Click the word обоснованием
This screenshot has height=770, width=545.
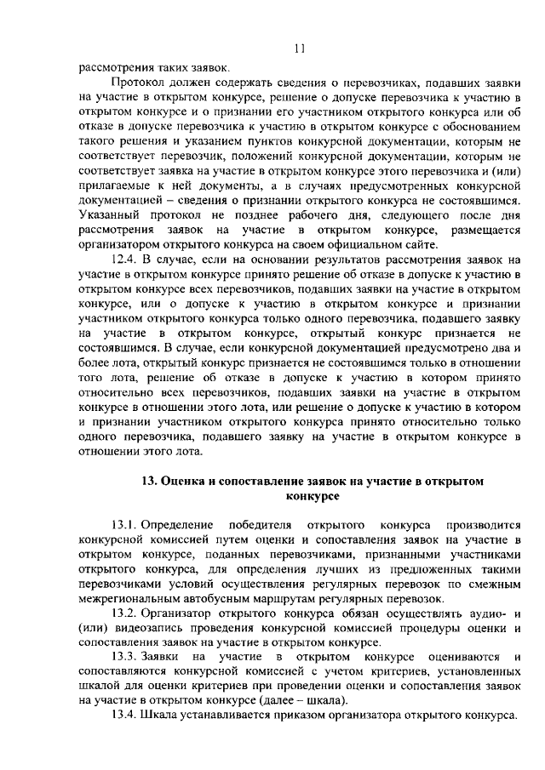coord(481,126)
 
